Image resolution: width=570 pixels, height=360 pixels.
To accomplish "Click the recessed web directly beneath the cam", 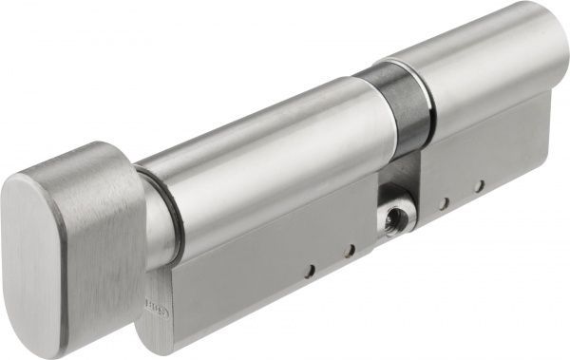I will [399, 176].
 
